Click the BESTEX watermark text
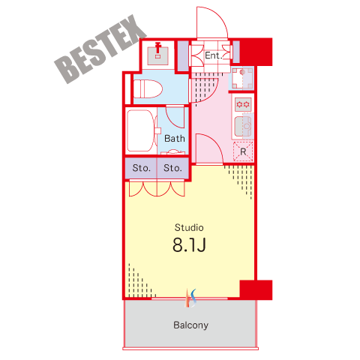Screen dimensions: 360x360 pyautogui.click(x=100, y=49)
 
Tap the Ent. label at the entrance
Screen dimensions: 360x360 pyautogui.click(x=214, y=55)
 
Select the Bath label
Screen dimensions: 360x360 pyautogui.click(x=175, y=139)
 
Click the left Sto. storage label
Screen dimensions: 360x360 pyautogui.click(x=142, y=168)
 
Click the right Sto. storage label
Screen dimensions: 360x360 pyautogui.click(x=172, y=168)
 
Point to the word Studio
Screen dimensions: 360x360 pyautogui.click(x=189, y=227)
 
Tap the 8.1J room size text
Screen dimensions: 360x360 pyautogui.click(x=189, y=245)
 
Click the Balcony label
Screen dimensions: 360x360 pyautogui.click(x=190, y=325)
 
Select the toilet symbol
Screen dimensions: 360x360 pyautogui.click(x=148, y=89)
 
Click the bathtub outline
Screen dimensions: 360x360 pyautogui.click(x=140, y=131)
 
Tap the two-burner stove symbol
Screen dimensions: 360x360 pyautogui.click(x=243, y=104)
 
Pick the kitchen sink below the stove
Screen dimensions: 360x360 pyautogui.click(x=243, y=127)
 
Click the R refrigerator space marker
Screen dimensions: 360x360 pyautogui.click(x=243, y=151)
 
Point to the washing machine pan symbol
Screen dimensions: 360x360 pyautogui.click(x=242, y=78)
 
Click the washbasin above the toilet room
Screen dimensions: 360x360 pyautogui.click(x=157, y=55)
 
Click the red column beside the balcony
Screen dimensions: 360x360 pyautogui.click(x=256, y=289)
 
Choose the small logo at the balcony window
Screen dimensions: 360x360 pyautogui.click(x=190, y=298)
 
